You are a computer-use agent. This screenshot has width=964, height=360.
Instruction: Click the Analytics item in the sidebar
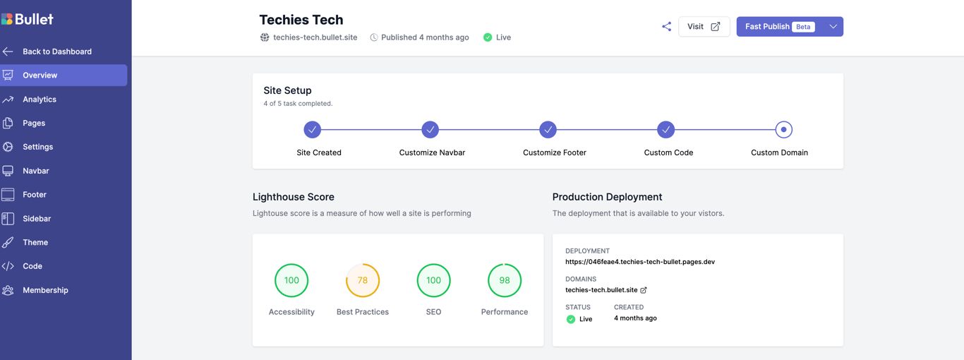click(x=40, y=100)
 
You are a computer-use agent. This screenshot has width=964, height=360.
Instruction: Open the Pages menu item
click(x=34, y=123)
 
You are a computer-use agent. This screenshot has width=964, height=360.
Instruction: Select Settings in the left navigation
click(x=37, y=147)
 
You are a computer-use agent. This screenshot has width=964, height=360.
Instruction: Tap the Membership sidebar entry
click(x=45, y=290)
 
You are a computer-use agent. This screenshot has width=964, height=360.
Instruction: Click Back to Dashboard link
click(x=56, y=52)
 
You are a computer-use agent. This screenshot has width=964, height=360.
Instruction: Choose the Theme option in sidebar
click(x=35, y=242)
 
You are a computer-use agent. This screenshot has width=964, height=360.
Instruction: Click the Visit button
click(x=704, y=27)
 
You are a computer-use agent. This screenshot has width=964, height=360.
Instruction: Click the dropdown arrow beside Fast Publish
click(x=833, y=27)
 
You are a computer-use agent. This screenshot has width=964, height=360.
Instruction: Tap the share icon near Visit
click(x=666, y=27)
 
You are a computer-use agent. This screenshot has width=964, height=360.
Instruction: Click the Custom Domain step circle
click(x=783, y=130)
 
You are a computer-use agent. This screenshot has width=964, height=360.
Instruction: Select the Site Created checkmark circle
click(x=313, y=130)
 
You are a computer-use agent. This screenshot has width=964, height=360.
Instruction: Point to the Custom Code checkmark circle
click(x=665, y=130)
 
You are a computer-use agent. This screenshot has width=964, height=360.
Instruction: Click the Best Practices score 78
click(x=363, y=280)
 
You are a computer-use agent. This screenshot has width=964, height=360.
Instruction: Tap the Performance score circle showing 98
click(x=505, y=280)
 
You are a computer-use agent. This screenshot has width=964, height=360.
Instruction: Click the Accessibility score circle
click(x=291, y=280)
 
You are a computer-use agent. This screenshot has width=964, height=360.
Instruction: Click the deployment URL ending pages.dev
click(x=639, y=262)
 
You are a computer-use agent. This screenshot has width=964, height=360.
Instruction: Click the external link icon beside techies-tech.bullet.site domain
click(x=644, y=290)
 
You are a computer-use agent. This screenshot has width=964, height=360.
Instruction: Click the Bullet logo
click(x=28, y=19)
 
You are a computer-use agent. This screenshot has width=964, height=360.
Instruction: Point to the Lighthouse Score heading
click(x=294, y=197)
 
